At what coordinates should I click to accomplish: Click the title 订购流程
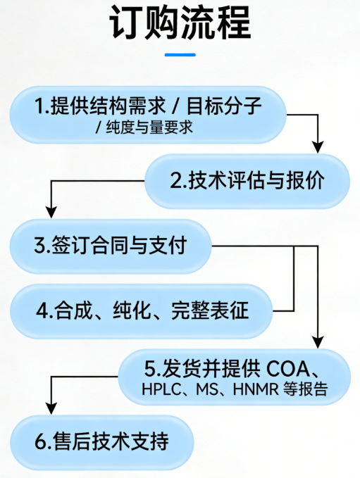180,25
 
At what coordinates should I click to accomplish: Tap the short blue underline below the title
180,55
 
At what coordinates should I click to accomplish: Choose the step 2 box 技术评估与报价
247,180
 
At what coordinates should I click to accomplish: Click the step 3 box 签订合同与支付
109,246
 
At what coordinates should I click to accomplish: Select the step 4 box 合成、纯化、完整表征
141,310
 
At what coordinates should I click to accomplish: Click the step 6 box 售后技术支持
102,442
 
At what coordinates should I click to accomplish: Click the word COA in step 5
290,367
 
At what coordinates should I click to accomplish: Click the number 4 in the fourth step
42,310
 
